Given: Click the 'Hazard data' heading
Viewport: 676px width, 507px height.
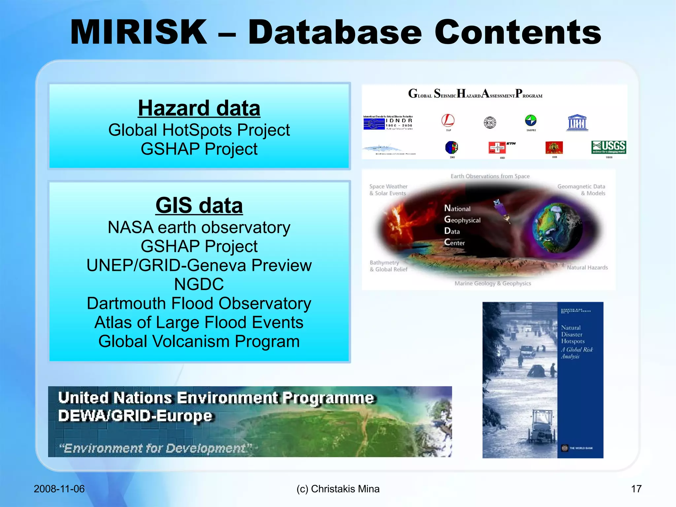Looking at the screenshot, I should coord(199,108).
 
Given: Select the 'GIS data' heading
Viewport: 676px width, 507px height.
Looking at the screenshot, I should coord(199,205).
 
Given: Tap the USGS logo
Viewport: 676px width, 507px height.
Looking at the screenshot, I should coord(609,147).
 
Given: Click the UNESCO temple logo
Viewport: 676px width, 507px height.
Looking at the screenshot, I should coord(577,123).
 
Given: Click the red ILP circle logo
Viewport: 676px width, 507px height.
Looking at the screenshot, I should coord(448,121).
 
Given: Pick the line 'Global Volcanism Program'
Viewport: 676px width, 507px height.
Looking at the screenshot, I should coord(199,341).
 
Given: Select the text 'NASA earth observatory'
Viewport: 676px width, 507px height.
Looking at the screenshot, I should coord(199,227).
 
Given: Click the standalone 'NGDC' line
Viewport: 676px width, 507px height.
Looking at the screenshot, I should coord(199,284).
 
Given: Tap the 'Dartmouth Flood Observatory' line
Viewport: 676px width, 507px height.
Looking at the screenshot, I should coord(199,303).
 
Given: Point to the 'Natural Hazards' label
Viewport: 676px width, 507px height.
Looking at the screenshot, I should coord(587,268).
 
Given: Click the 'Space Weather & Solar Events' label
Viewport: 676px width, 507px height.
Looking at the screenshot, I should coord(388,190).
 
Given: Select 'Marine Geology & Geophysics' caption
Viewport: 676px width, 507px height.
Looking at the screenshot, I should coord(493,283).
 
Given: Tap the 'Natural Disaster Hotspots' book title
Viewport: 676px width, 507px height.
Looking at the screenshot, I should coord(573,334).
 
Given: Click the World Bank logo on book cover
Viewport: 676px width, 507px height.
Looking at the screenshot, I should coord(565,448).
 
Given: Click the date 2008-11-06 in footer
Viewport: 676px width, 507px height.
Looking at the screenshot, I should coord(59,489).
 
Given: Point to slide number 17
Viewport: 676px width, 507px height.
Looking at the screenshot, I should coord(636,489).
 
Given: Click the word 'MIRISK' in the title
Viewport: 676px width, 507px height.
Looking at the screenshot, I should coord(139,32).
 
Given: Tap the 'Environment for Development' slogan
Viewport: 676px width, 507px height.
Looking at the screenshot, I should coord(155,448).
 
